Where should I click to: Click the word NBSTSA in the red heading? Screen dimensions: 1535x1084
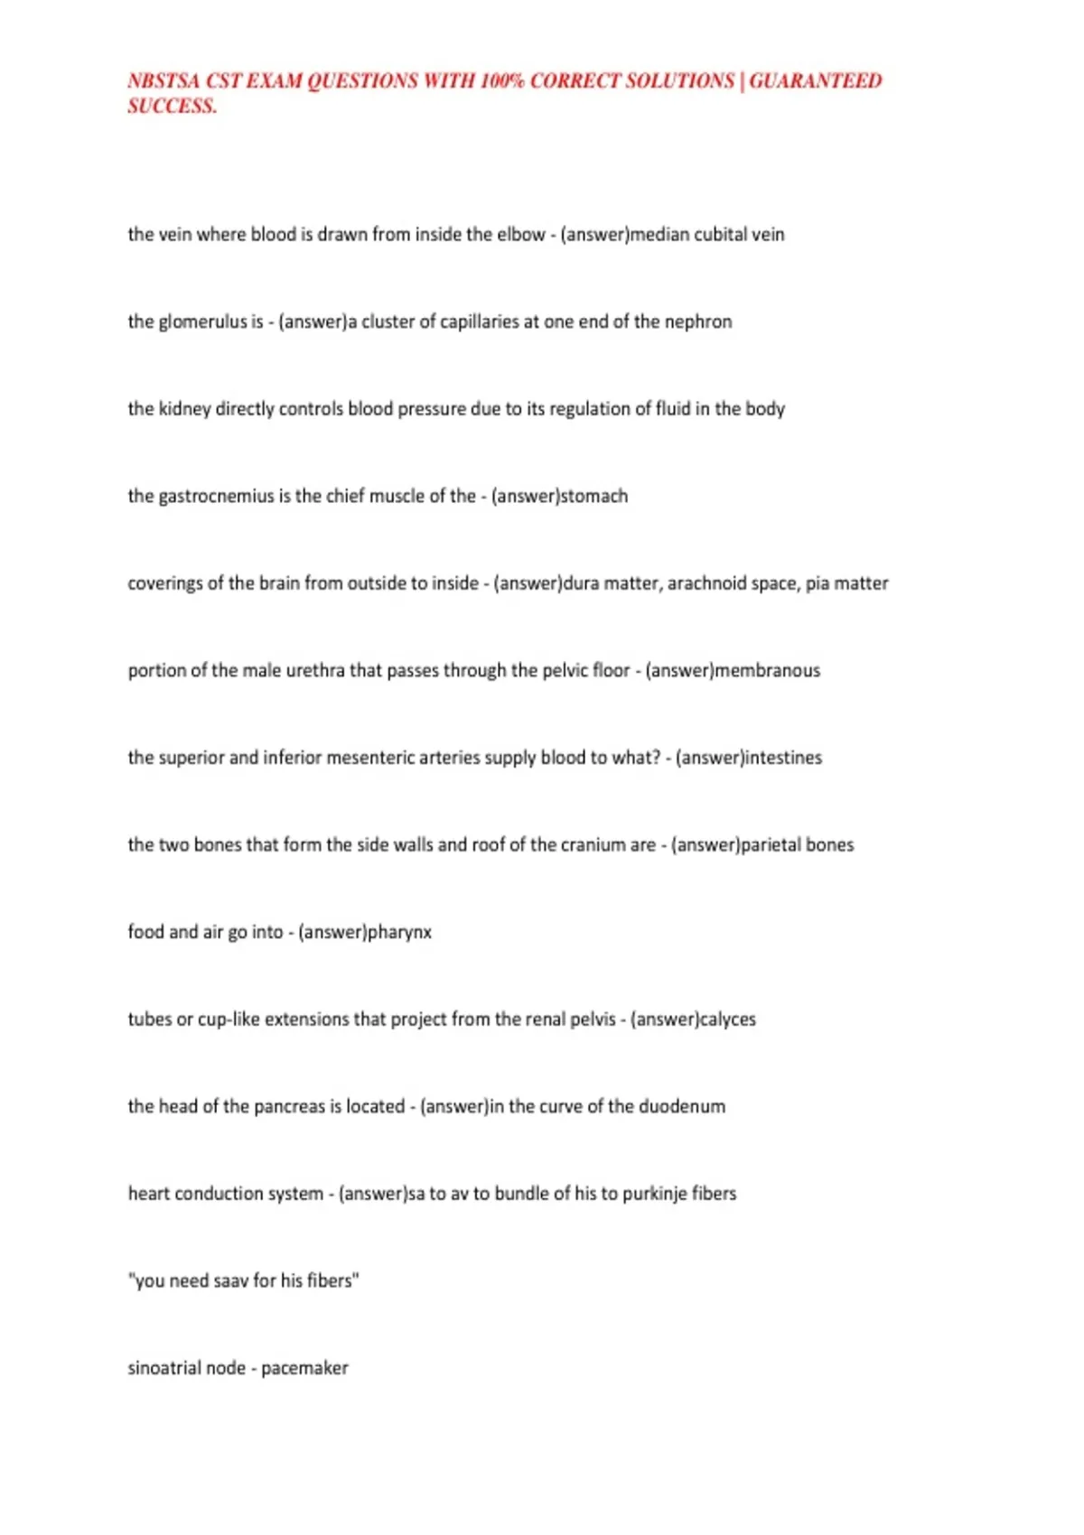point(164,81)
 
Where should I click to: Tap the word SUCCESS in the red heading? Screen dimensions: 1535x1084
point(172,107)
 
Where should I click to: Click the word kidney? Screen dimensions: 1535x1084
point(184,409)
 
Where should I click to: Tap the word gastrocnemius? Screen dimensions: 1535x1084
point(216,497)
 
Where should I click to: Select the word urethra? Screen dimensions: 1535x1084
point(315,671)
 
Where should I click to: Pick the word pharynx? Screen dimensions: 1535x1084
point(399,933)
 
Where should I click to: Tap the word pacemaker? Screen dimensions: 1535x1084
point(304,1369)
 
